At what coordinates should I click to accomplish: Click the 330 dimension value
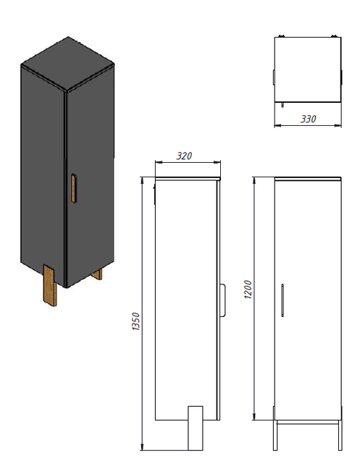(308, 119)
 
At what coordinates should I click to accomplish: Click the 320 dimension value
(184, 156)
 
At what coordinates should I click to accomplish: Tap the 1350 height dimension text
(136, 321)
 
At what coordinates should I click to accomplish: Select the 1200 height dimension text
(248, 290)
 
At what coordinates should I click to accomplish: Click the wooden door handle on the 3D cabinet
(74, 188)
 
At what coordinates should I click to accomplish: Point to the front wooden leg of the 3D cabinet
(50, 285)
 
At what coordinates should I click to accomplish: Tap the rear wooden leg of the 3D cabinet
(97, 274)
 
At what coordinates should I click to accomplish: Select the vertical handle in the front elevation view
(282, 300)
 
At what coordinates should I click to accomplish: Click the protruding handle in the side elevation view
(222, 300)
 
